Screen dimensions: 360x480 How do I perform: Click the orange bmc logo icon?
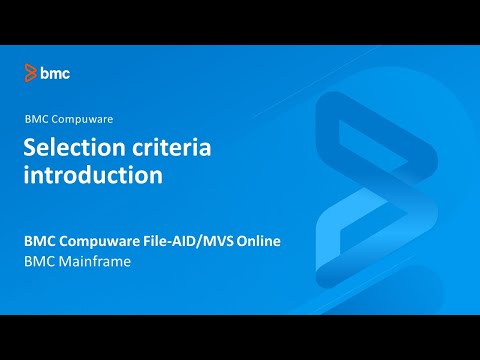point(31,73)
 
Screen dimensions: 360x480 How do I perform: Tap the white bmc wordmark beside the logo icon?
point(55,73)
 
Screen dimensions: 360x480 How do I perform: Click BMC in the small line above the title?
point(36,118)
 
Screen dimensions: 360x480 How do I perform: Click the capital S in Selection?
point(31,148)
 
